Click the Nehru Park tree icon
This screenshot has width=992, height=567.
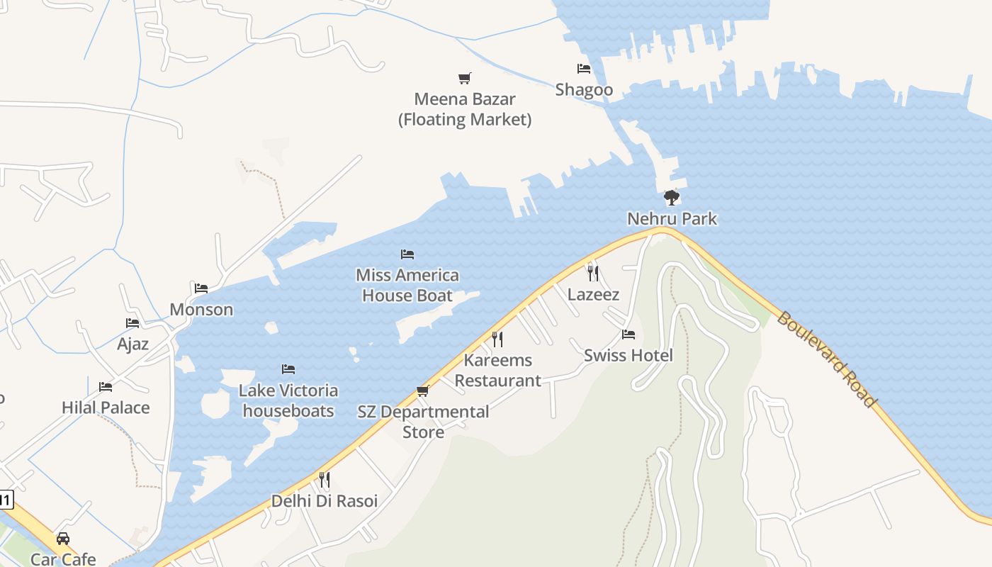click(x=671, y=198)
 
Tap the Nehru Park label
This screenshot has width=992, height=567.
click(x=672, y=219)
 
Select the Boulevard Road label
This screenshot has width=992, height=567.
click(x=826, y=359)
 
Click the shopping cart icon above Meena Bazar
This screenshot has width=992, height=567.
click(x=464, y=78)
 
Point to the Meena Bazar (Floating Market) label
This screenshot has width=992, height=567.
click(x=465, y=109)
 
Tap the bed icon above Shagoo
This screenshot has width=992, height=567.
click(x=584, y=69)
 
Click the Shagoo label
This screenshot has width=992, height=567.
click(x=584, y=89)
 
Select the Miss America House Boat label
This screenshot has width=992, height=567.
click(x=407, y=285)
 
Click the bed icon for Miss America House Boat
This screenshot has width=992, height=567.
click(x=407, y=254)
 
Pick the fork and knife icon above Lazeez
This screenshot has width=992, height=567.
click(x=593, y=273)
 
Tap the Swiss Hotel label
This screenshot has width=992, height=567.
click(x=628, y=355)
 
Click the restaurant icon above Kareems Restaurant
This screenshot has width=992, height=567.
click(x=497, y=339)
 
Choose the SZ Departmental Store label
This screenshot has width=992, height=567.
click(x=423, y=422)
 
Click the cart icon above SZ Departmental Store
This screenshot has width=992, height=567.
click(x=423, y=391)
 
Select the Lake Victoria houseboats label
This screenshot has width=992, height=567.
click(x=288, y=400)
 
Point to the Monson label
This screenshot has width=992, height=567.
click(x=201, y=310)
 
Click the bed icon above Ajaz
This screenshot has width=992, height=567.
click(x=133, y=323)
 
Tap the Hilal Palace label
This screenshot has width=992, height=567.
click(x=106, y=408)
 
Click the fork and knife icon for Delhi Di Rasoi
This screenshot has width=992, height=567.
click(x=325, y=480)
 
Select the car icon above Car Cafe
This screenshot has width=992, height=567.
click(x=63, y=539)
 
